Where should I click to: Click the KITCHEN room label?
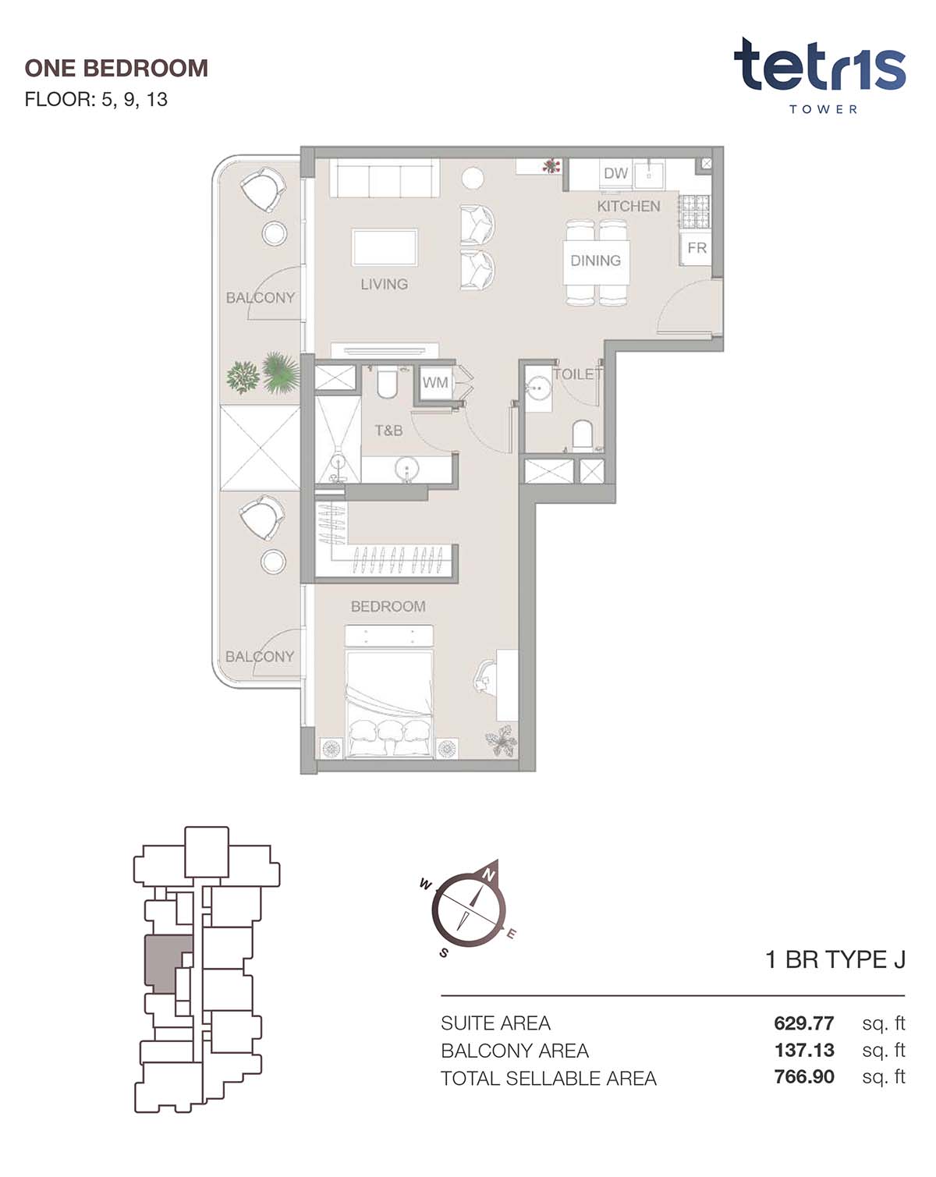(x=628, y=206)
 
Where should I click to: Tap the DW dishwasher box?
(x=616, y=174)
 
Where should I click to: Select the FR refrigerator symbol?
(x=696, y=248)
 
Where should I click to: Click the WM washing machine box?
(x=435, y=383)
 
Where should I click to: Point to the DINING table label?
(x=595, y=261)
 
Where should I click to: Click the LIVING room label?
(x=384, y=284)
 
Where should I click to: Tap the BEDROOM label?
(x=388, y=606)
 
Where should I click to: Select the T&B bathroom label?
(x=388, y=431)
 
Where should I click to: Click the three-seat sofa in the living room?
(x=385, y=179)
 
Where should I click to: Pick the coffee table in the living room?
(x=385, y=248)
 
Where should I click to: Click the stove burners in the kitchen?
(x=694, y=211)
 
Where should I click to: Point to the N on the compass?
(x=488, y=875)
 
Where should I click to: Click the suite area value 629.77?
(x=803, y=1023)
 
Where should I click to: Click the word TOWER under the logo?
(x=823, y=109)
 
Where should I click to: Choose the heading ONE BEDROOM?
(x=116, y=69)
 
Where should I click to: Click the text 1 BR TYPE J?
(x=835, y=960)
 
